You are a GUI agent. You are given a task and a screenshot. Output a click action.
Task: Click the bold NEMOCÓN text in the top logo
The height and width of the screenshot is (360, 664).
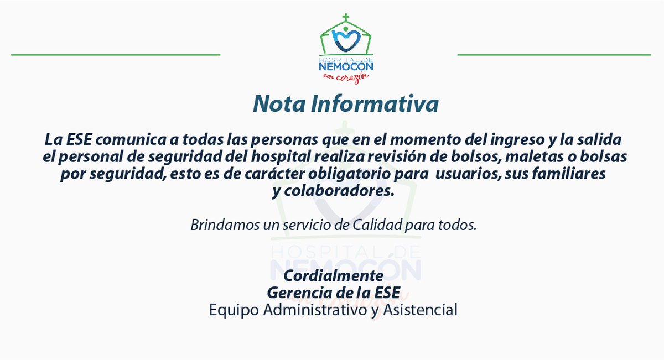coord(346,66)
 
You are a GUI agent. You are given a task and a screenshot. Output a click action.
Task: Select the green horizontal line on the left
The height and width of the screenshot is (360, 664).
coord(116,55)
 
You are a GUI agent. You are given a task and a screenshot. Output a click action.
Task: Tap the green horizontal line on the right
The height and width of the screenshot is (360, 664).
coord(554,55)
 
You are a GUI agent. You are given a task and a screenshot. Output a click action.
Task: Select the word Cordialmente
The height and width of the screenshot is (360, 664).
coord(333,275)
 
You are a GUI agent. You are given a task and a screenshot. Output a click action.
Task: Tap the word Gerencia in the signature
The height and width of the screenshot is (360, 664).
coord(295,293)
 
